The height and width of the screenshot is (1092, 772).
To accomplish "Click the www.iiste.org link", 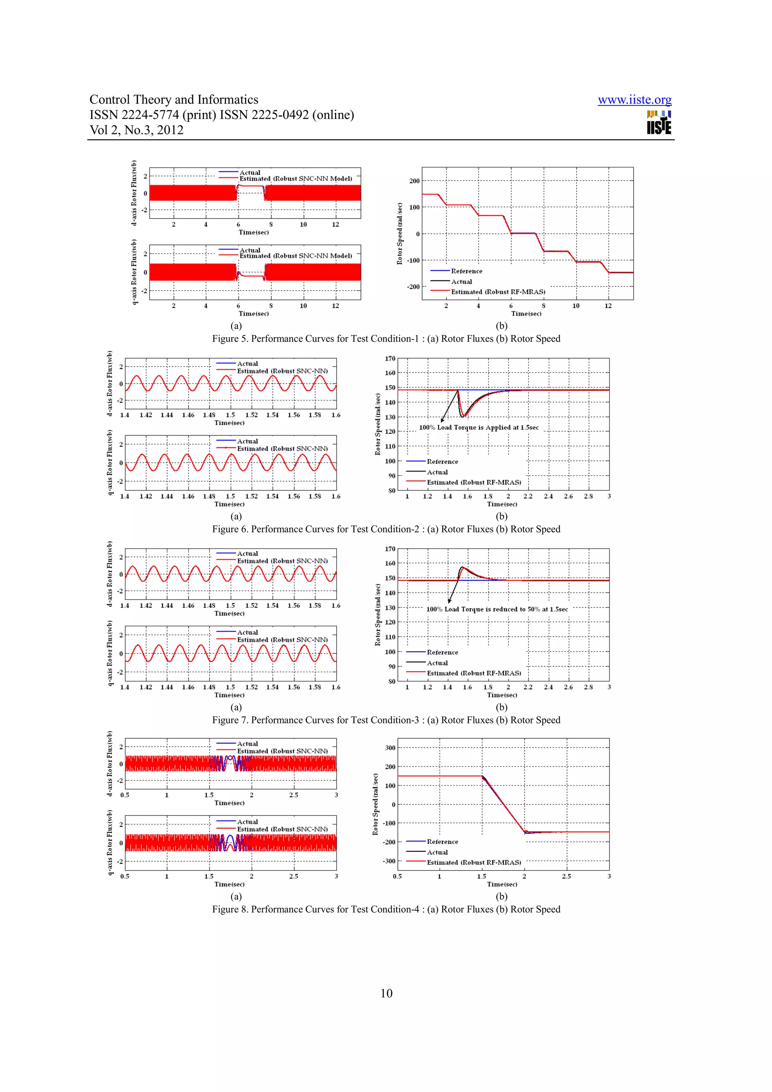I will pyautogui.click(x=634, y=100).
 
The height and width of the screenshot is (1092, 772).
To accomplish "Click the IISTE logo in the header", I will pyautogui.click(x=659, y=123).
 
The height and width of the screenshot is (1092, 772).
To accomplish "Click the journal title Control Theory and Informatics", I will pyautogui.click(x=174, y=99).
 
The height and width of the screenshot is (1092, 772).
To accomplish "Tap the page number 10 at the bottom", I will pyautogui.click(x=386, y=993).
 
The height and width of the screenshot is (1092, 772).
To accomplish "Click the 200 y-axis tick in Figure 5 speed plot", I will pyautogui.click(x=414, y=181).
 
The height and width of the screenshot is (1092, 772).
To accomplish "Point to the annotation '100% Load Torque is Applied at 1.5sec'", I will pyautogui.click(x=478, y=427).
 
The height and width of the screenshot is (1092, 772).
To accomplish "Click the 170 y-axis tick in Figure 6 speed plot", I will pyautogui.click(x=390, y=359).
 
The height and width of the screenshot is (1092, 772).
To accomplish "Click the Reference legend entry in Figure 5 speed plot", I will pyautogui.click(x=466, y=271).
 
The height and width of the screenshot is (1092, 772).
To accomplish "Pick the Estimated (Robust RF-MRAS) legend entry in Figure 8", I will pyautogui.click(x=473, y=862).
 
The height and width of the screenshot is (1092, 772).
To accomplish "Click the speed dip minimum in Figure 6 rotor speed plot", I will pyautogui.click(x=464, y=416).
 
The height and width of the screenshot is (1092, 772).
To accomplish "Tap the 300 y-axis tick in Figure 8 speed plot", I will pyautogui.click(x=390, y=748).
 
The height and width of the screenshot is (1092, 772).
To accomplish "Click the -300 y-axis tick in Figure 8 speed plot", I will pyautogui.click(x=389, y=861).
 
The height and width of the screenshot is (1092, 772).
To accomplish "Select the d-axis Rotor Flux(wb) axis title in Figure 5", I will pyautogui.click(x=134, y=193).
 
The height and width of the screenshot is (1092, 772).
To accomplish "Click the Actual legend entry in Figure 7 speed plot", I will pyautogui.click(x=437, y=662).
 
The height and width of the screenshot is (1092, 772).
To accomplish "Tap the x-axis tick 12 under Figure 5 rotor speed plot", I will pyautogui.click(x=608, y=306).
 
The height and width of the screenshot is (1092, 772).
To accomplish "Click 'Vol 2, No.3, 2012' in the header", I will pyautogui.click(x=136, y=130).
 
